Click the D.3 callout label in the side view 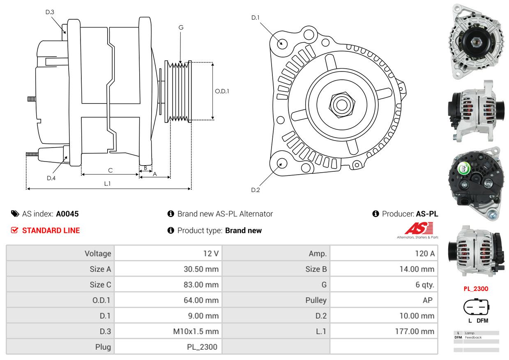(50, 12)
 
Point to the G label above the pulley (181, 28)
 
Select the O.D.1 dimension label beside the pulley (222, 91)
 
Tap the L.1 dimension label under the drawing (107, 184)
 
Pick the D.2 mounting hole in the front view (281, 163)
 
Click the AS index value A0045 (67, 214)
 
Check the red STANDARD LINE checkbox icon (14, 231)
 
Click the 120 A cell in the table (424, 254)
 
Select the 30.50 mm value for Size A (201, 269)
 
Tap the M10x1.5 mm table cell (196, 331)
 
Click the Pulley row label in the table (316, 300)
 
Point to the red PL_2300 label (476, 288)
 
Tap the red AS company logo (418, 229)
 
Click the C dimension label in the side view (110, 170)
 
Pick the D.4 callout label (51, 178)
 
